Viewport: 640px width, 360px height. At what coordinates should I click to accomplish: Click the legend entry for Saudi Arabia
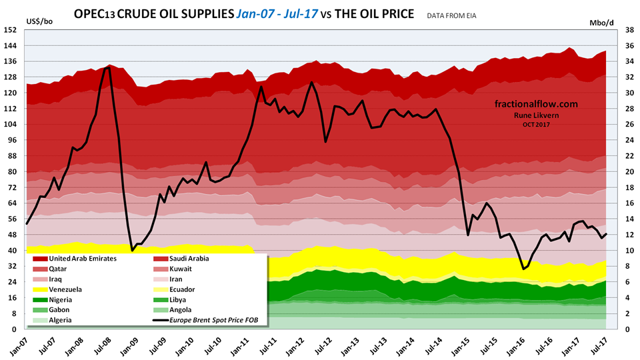(x=183, y=258)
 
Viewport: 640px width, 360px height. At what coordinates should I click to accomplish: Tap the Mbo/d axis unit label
(x=602, y=22)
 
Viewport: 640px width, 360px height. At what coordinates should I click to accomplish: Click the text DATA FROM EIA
(x=458, y=14)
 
